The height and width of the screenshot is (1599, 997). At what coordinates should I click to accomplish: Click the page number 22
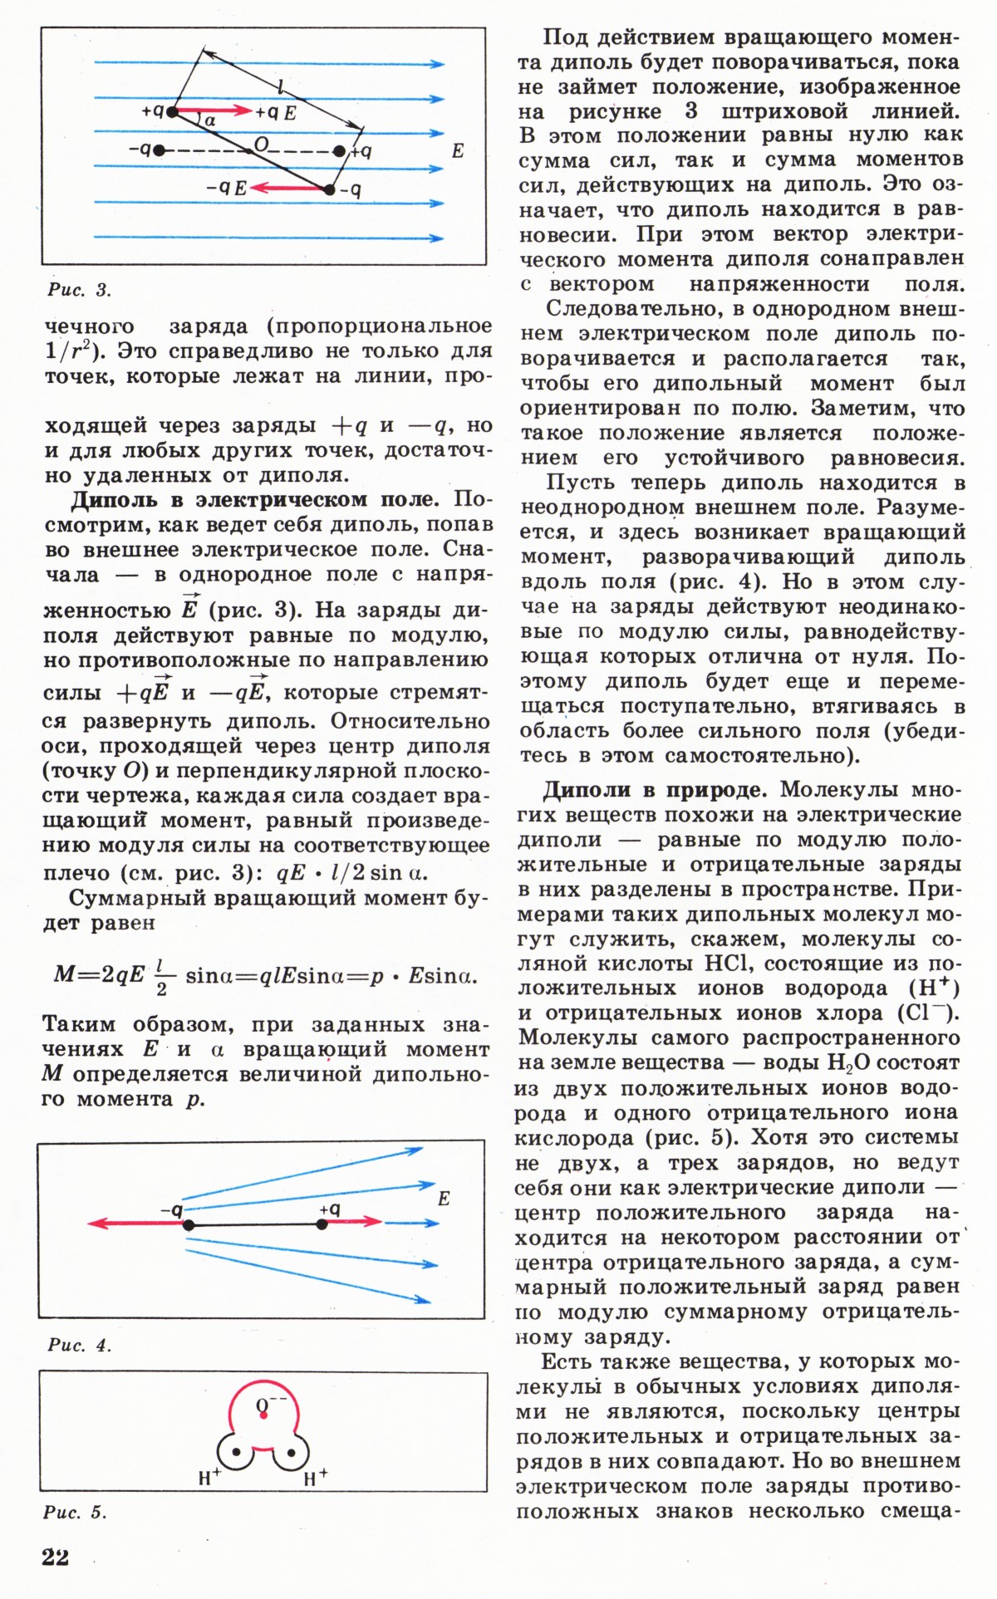55,1556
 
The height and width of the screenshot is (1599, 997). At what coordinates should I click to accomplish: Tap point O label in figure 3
262,145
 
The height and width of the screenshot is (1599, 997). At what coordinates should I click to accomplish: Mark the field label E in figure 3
457,151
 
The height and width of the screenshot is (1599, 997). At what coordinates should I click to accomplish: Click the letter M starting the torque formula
64,974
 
